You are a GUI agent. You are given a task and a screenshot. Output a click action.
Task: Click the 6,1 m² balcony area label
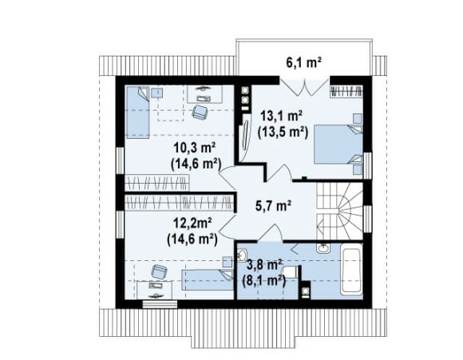point(304,62)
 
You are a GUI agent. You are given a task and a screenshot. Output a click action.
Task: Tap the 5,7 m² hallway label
point(273,206)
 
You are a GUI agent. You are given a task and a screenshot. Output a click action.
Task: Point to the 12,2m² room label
point(192,224)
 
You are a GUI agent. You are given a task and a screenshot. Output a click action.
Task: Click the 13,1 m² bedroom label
point(281,116)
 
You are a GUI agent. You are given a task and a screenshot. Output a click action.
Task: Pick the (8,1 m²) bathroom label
point(263,280)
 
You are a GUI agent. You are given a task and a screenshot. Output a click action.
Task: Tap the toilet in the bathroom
point(290,271)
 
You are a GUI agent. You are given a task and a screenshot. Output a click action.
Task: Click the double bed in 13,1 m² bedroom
point(338,144)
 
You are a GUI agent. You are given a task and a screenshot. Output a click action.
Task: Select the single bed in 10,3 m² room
point(138,112)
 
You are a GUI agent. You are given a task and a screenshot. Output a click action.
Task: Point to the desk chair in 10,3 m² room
point(200,112)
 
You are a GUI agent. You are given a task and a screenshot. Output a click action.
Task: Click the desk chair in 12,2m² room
point(159,271)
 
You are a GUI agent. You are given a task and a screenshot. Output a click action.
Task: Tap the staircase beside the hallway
point(339,212)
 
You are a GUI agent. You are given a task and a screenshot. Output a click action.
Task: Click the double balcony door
point(304,86)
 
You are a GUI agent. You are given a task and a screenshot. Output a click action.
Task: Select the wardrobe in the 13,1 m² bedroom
point(346,91)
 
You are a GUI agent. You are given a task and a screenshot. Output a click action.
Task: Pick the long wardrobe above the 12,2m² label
point(180,203)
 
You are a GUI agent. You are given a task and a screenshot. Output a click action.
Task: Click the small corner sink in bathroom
point(243,255)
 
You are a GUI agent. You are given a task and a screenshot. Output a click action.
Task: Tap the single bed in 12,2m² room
point(208,279)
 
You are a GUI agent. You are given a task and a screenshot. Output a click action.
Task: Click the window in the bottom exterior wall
point(160,304)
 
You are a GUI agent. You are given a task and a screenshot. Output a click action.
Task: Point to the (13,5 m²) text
point(283,132)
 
